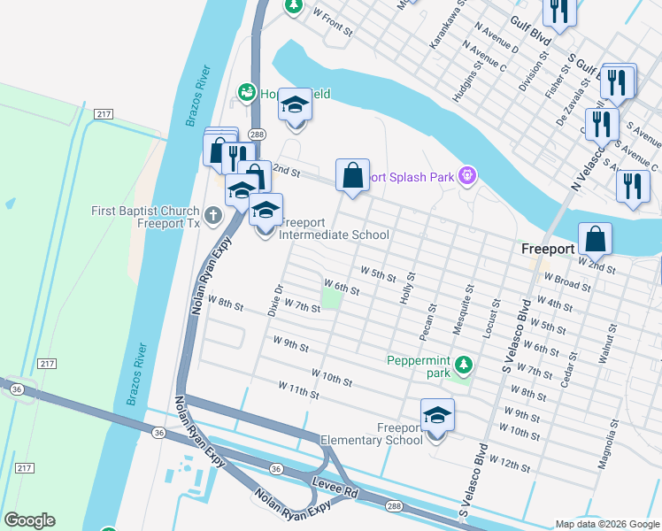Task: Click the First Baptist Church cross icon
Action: pos(212,215)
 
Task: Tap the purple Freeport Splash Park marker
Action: pos(466,177)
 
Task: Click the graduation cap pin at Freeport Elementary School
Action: pos(437,416)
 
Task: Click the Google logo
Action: pos(29,520)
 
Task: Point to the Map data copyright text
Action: pos(606,524)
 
